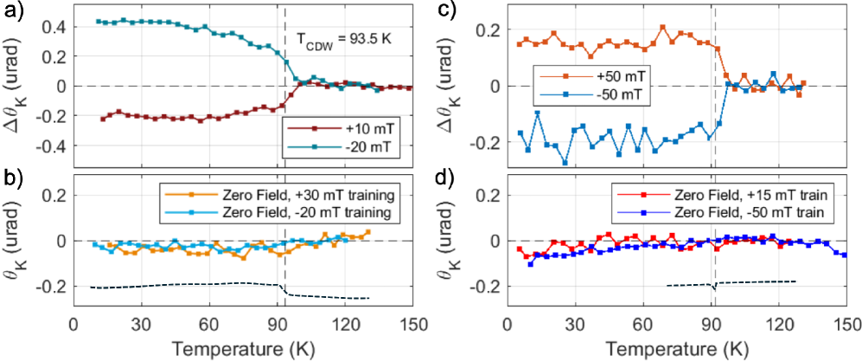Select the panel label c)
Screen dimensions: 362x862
pyautogui.click(x=446, y=11)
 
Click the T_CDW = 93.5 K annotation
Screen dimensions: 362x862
pyautogui.click(x=334, y=41)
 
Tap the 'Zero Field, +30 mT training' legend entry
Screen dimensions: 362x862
pyautogui.click(x=294, y=194)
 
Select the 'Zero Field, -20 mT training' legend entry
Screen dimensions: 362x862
pyautogui.click(x=294, y=210)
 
